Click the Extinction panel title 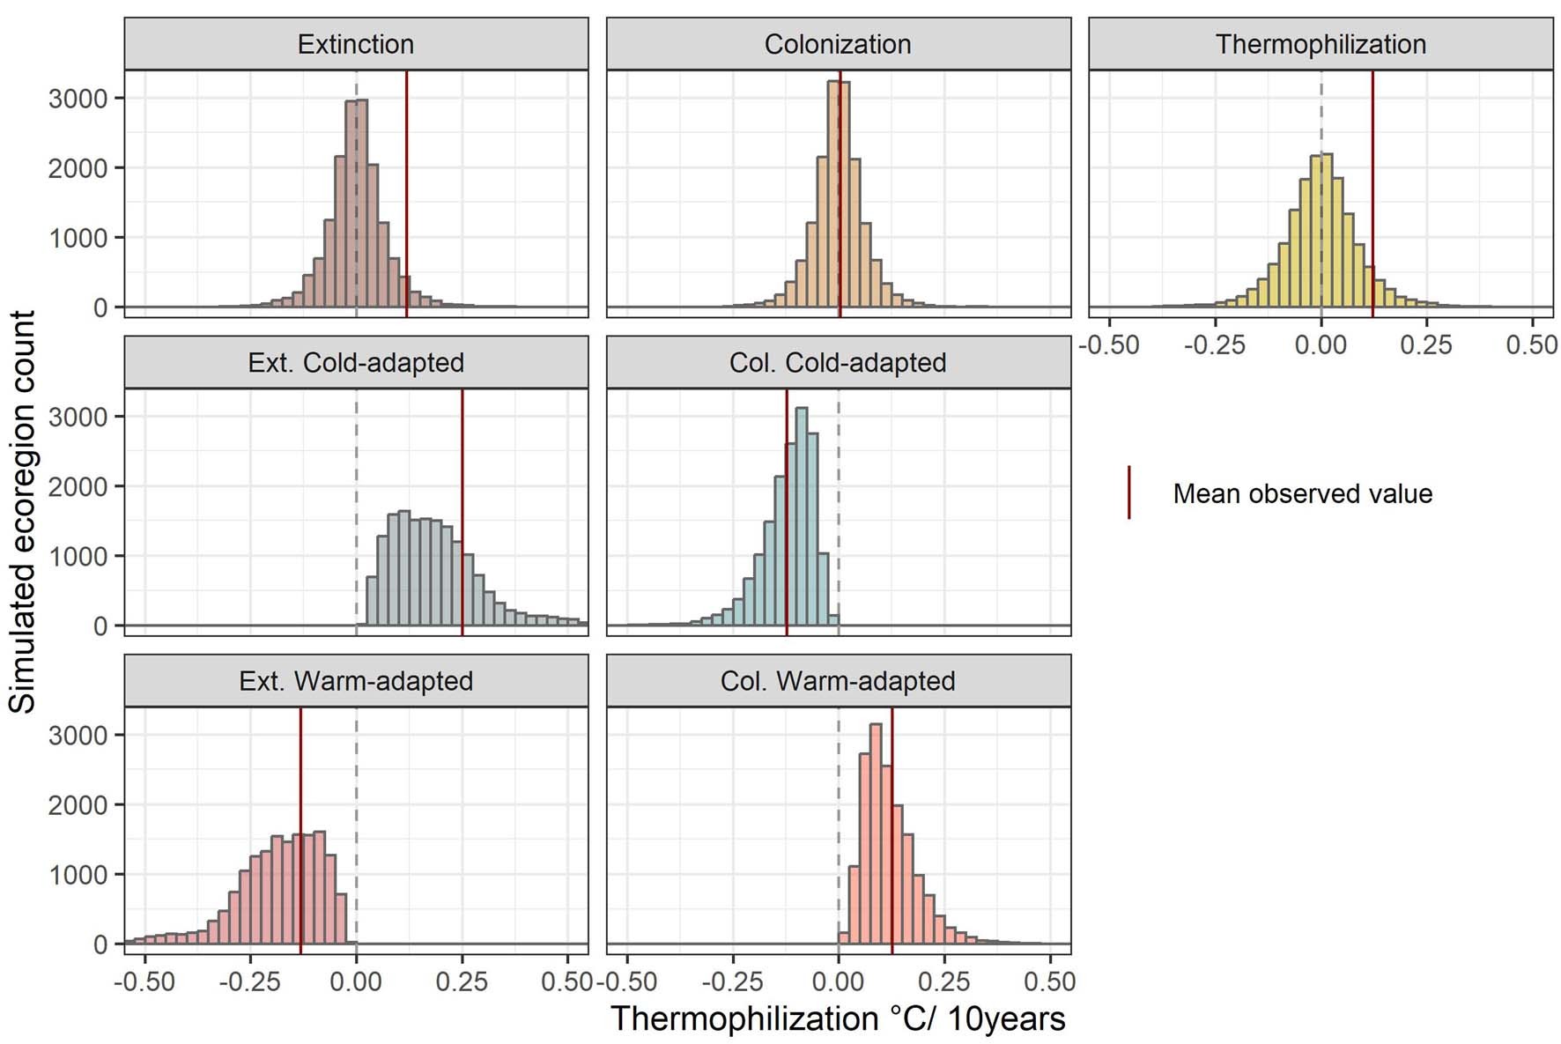355,44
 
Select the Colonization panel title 837,44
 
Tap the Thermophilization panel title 1320,44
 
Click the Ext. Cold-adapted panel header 355,362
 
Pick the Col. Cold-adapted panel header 837,362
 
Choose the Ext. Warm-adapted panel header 355,681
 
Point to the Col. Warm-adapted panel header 837,681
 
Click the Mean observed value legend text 1301,493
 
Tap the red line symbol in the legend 1128,492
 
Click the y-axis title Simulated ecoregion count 23,511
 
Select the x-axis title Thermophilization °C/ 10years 837,1018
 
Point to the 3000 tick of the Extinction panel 78,98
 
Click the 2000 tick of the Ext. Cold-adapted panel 78,486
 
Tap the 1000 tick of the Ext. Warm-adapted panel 78,875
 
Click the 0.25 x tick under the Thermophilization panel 1425,344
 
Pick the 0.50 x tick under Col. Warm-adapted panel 1049,981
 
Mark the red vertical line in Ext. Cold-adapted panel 462,511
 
